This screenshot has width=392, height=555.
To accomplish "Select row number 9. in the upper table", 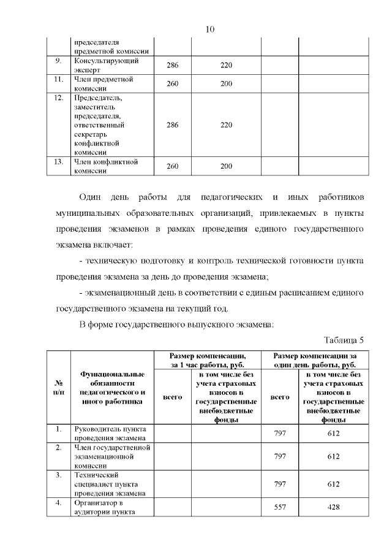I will (x=58, y=61).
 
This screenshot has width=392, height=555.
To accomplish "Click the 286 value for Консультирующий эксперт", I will (x=172, y=66).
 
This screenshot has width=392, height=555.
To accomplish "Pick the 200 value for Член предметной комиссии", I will (x=226, y=83).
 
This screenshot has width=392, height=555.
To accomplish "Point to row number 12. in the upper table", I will (x=59, y=98).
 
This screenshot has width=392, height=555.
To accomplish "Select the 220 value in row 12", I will (x=226, y=125).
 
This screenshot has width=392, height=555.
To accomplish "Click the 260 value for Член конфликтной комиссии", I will (x=172, y=167).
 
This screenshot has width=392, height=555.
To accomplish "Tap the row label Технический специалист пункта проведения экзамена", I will (x=109, y=484).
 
